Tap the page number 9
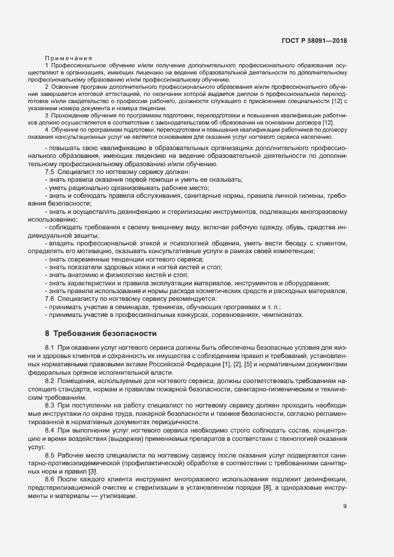coord(345,523)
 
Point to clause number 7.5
coord(50,172)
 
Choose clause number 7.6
coord(50,298)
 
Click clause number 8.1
coord(50,347)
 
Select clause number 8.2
coord(50,379)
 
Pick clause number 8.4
coord(50,430)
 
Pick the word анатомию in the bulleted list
coord(80,275)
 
